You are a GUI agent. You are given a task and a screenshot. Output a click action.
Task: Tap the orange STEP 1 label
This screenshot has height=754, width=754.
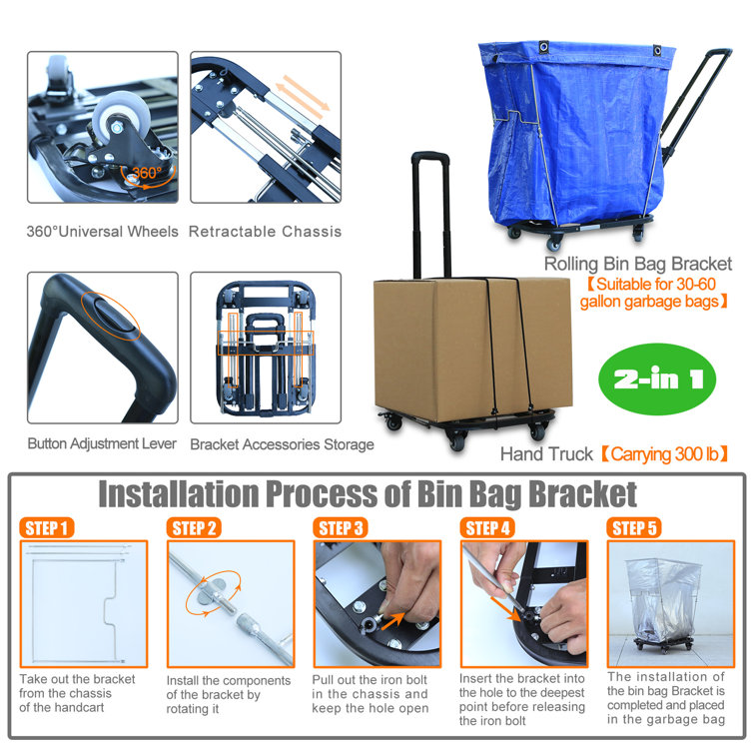(x=46, y=527)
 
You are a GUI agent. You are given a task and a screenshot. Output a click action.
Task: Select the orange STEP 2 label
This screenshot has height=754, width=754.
(x=194, y=527)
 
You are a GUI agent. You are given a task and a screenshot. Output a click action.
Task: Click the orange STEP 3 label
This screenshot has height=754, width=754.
(x=341, y=527)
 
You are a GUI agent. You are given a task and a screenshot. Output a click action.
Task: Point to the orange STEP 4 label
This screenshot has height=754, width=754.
(x=487, y=527)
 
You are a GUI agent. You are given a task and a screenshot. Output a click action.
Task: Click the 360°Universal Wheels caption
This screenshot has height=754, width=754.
(x=103, y=232)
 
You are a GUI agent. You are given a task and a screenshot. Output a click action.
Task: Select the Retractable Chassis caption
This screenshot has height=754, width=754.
(x=265, y=232)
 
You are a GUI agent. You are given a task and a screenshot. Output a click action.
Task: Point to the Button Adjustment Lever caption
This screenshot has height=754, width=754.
(x=102, y=443)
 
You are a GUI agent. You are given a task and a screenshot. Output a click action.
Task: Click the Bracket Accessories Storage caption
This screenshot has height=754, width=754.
(x=282, y=443)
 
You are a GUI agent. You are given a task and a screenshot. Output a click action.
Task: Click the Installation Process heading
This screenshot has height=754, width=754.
(x=367, y=493)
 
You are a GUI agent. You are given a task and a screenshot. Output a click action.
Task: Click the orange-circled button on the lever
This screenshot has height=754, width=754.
(x=113, y=317)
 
